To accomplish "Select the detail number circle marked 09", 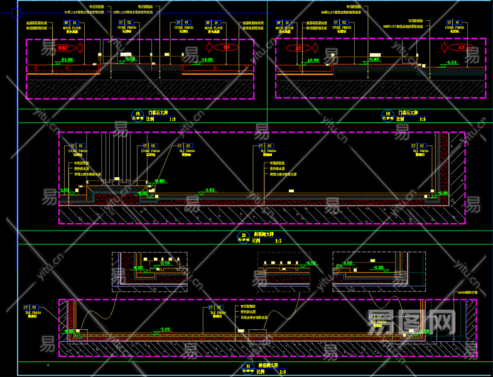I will [387, 114].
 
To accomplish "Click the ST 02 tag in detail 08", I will [125, 23].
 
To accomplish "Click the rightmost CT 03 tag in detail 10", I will [420, 146].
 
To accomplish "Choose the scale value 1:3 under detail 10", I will [278, 241].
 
